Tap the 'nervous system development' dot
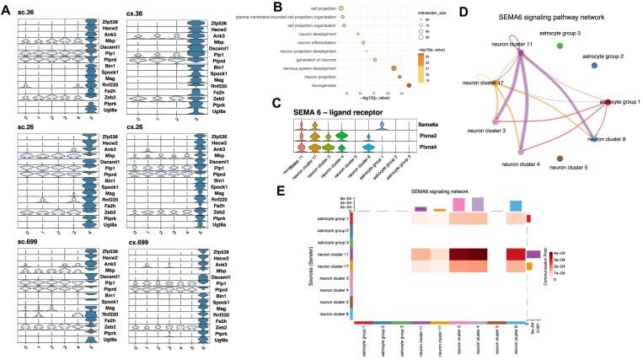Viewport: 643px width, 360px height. point(394,68)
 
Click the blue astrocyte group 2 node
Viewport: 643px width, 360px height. point(594,64)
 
